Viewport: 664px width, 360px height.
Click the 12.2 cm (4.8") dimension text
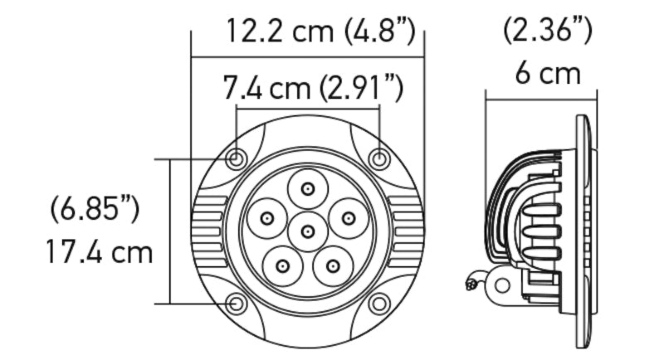[x=320, y=32]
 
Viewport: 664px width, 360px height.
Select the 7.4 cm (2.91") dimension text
[x=313, y=87]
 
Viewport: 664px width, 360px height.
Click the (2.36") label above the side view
[x=548, y=31]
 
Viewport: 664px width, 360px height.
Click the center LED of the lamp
[x=307, y=230]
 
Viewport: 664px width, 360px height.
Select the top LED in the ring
[x=307, y=189]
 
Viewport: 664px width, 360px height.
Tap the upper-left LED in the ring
[x=267, y=218]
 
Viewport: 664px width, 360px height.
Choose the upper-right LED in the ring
[x=347, y=218]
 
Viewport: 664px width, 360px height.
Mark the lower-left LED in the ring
[x=282, y=265]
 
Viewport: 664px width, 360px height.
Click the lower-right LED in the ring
[x=332, y=265]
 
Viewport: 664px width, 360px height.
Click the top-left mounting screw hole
[x=237, y=158]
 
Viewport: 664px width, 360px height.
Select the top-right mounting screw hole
[x=378, y=158]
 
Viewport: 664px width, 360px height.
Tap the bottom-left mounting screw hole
[x=237, y=304]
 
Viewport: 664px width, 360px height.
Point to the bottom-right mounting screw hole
[x=378, y=304]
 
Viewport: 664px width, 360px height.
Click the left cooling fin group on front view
[x=209, y=231]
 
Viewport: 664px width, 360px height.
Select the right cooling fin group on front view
[x=406, y=231]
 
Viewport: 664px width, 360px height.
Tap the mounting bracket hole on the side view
[x=500, y=285]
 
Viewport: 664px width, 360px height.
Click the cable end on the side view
[x=471, y=284]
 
